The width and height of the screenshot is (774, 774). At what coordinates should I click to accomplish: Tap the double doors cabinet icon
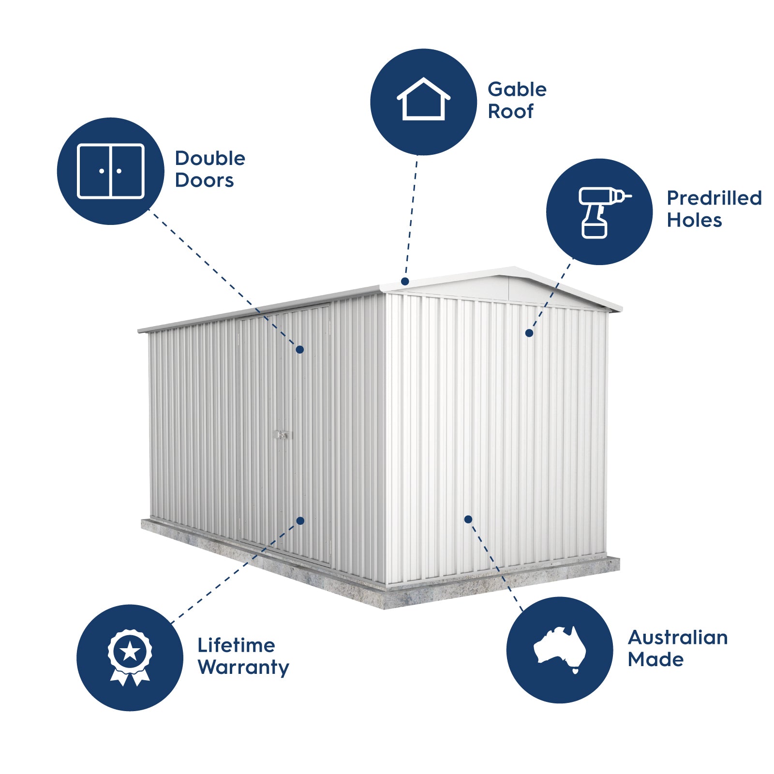[111, 171]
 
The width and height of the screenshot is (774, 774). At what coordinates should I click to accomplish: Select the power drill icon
[604, 212]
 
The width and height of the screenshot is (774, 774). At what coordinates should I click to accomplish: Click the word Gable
[517, 89]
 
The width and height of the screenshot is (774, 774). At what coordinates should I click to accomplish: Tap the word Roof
[510, 111]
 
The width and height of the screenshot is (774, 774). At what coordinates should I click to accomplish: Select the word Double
[210, 158]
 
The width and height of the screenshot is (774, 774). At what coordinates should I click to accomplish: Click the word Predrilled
[714, 198]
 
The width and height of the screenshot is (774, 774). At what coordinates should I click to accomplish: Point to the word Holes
[694, 220]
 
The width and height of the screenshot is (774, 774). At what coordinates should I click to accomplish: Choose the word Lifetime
[236, 645]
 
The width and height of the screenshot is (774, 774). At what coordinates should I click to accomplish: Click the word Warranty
[243, 668]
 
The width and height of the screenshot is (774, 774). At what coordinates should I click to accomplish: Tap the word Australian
[678, 638]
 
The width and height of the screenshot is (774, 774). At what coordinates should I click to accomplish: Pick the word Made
[655, 659]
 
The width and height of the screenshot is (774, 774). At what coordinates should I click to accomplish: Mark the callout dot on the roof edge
[405, 282]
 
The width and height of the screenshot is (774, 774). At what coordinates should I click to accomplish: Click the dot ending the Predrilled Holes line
[529, 333]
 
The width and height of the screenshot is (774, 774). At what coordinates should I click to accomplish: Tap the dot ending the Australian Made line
[468, 519]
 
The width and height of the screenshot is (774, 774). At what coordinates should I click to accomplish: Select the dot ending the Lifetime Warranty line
[300, 521]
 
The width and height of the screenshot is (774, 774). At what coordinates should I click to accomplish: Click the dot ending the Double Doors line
[300, 349]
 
